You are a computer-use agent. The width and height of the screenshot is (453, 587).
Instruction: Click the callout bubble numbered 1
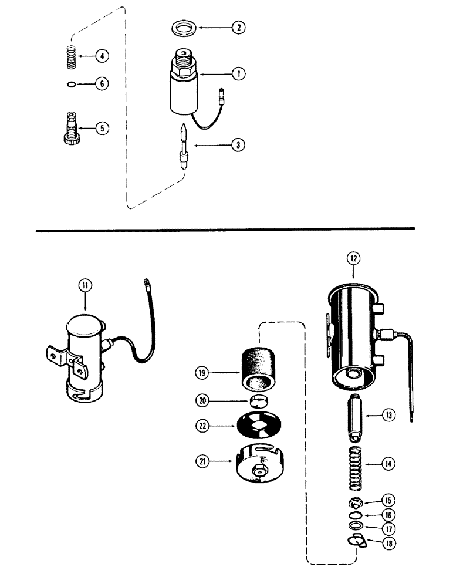[x=239, y=74]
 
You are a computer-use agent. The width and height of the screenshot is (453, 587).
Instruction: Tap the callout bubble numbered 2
[x=239, y=27]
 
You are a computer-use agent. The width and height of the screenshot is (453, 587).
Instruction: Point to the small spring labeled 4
[x=70, y=56]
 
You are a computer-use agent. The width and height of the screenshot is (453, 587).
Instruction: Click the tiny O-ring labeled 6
[x=71, y=83]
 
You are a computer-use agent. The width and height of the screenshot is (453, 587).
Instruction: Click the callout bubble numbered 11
[x=86, y=286]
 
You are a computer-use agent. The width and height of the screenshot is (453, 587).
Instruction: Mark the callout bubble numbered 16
[x=387, y=515]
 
